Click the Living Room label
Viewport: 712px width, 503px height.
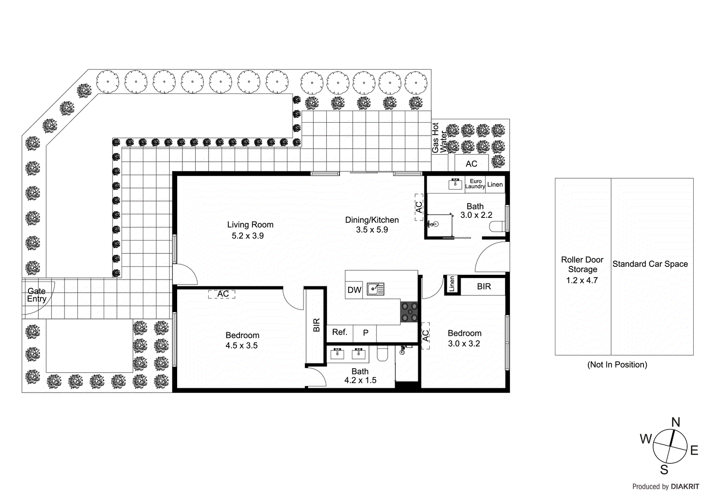[250, 225]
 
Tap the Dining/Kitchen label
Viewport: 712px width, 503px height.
[372, 220]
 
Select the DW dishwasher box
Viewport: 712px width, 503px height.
[354, 290]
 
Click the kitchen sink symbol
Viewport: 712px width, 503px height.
[375, 290]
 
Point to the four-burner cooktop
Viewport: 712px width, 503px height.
[409, 312]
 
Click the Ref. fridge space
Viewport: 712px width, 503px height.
[340, 332]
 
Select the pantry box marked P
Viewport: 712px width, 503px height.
[365, 333]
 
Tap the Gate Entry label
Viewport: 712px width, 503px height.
[36, 295]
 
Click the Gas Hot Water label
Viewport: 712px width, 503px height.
[439, 138]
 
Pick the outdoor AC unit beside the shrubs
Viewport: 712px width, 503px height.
[471, 163]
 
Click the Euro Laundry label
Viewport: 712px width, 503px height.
[475, 184]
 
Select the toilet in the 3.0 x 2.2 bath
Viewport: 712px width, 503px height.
[497, 227]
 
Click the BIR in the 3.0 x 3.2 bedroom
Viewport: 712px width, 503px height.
[484, 286]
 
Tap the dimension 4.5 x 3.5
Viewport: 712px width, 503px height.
[241, 346]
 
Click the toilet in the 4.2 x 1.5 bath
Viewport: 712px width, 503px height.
[382, 354]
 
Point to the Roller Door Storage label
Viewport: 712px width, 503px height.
[582, 264]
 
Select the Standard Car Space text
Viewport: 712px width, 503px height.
[650, 264]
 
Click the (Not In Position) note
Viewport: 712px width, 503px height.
[617, 365]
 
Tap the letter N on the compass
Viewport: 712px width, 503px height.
[676, 422]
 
